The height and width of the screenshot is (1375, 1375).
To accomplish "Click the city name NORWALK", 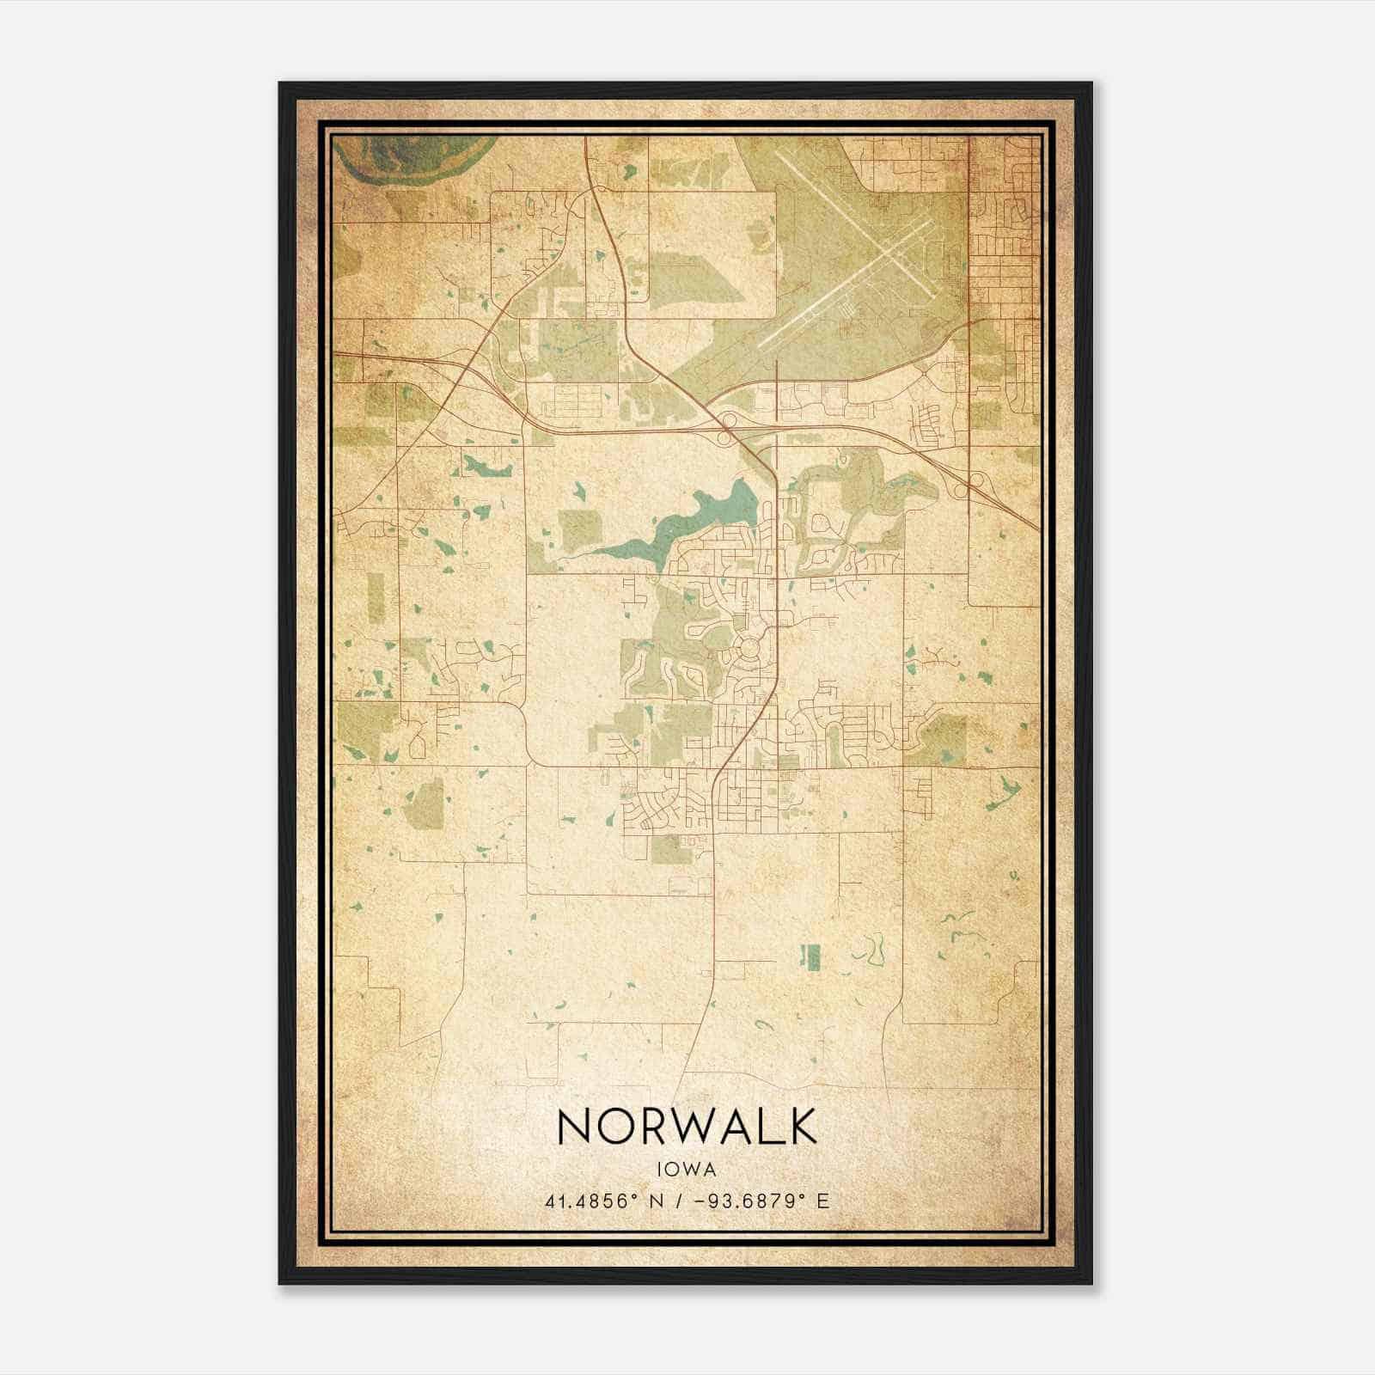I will click(687, 1125).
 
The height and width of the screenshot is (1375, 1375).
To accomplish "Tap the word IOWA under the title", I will click(687, 1169).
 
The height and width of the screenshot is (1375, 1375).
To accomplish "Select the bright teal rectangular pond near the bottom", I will click(810, 956).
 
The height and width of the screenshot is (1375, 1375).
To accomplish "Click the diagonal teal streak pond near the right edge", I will click(1002, 791).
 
